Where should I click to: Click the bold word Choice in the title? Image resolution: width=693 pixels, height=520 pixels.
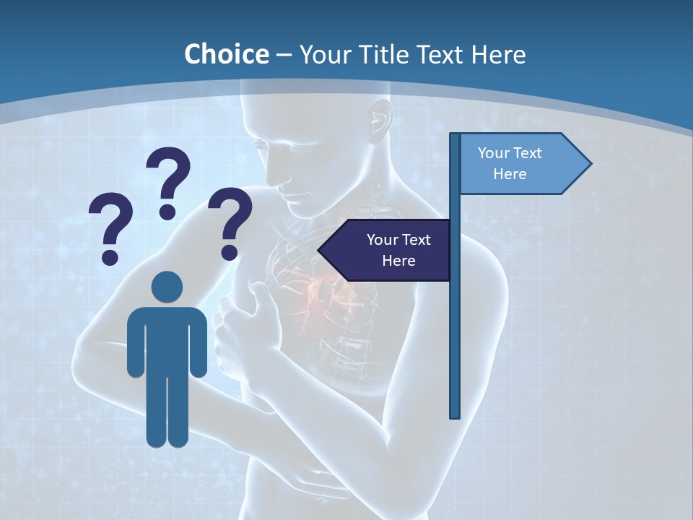tap(226, 54)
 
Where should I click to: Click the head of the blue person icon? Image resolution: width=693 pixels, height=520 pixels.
tap(167, 287)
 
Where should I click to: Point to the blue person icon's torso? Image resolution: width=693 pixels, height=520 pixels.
tap(167, 339)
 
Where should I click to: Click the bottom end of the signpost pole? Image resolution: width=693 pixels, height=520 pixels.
tap(455, 415)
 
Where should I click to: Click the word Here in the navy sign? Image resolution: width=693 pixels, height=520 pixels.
tap(398, 260)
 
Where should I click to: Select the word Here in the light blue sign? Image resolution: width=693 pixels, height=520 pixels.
tap(510, 174)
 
